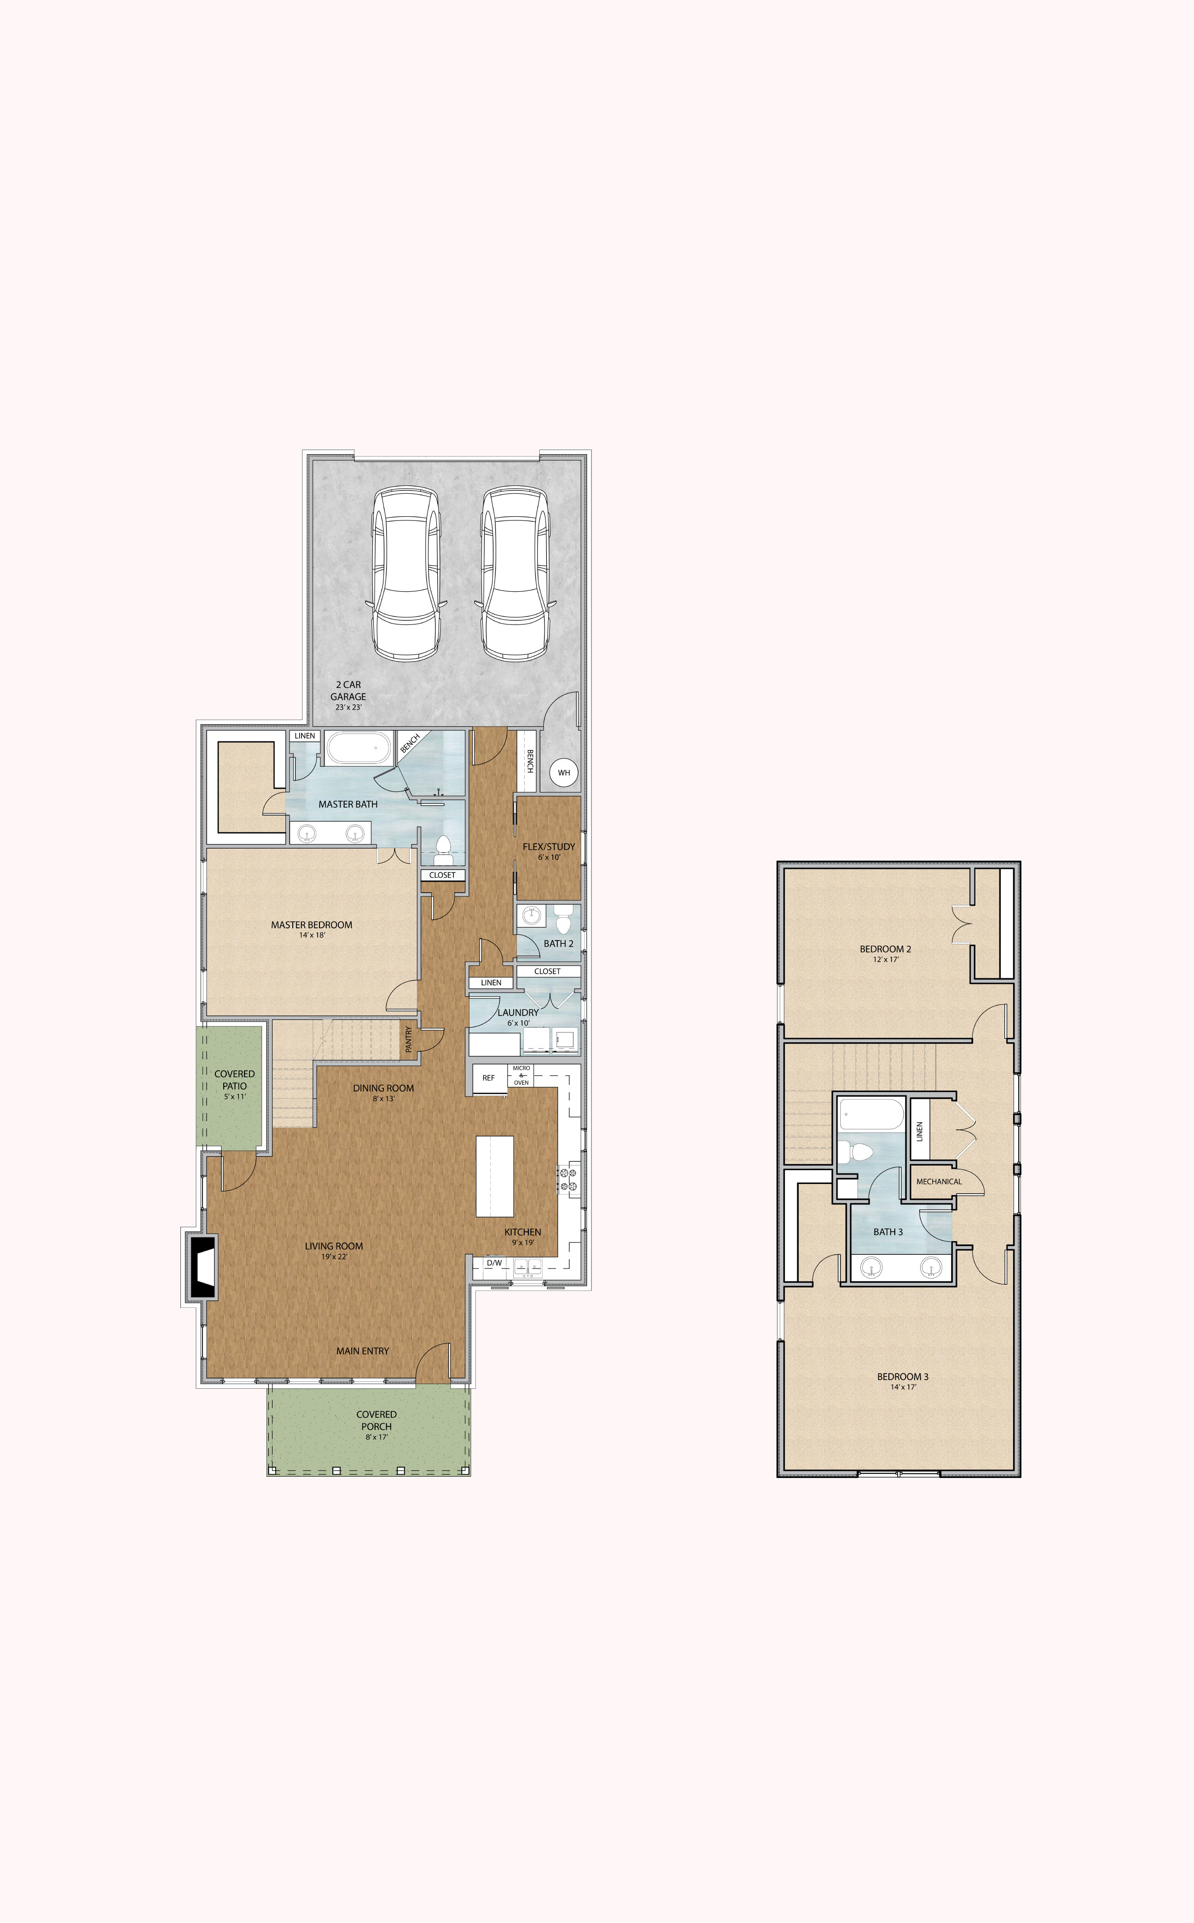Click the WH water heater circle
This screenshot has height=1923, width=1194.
tap(564, 772)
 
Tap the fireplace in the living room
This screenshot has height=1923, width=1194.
tap(201, 1267)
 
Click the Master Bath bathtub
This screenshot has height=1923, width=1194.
tap(359, 748)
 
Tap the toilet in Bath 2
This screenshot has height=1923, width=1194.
tap(563, 920)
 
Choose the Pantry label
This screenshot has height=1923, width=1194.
tap(408, 1039)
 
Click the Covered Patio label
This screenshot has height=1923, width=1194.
tap(235, 1080)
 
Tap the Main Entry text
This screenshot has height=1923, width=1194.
tap(362, 1351)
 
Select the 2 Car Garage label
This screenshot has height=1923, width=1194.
tap(348, 691)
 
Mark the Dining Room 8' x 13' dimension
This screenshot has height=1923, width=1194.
tap(384, 1099)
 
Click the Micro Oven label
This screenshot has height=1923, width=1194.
tap(521, 1075)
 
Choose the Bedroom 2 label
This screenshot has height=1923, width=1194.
tap(885, 949)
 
